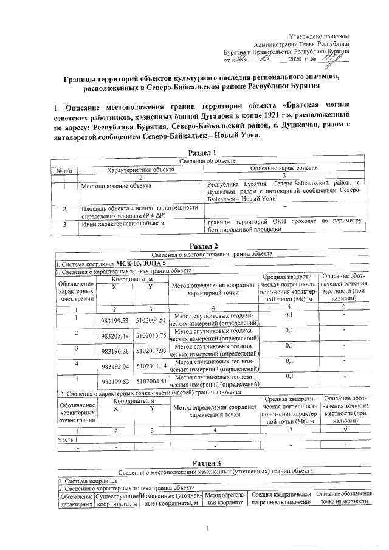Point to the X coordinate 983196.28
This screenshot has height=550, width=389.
point(115,350)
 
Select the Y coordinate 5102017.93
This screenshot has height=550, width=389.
point(151,350)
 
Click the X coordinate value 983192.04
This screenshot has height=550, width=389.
point(115,366)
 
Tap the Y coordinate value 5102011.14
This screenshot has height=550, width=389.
point(151,366)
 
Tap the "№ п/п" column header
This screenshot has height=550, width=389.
point(64,171)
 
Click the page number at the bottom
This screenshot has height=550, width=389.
point(208,528)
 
